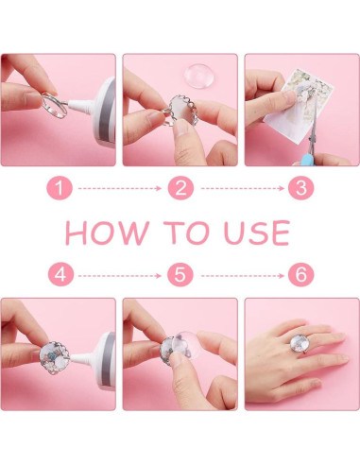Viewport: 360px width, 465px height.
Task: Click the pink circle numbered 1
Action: tap(60, 188)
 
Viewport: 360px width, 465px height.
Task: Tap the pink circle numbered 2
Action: tap(180, 188)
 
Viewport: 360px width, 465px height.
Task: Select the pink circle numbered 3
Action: tap(301, 188)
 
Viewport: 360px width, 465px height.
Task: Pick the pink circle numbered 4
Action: tap(60, 275)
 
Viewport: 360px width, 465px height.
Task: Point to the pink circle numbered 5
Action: tap(180, 275)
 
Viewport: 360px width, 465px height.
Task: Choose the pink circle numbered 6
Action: tap(301, 275)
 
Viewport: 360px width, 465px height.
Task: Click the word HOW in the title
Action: tap(107, 232)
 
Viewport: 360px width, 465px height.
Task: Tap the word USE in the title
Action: tap(257, 232)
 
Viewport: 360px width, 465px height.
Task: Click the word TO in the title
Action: tap(186, 232)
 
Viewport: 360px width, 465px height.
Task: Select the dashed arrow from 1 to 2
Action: tap(120, 188)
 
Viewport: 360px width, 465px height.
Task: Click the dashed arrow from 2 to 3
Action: tap(243, 188)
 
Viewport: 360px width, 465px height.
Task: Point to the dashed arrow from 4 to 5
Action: tap(120, 276)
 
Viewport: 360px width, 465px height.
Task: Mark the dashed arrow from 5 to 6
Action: tap(243, 276)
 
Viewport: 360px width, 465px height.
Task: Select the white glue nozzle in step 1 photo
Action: tap(80, 105)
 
